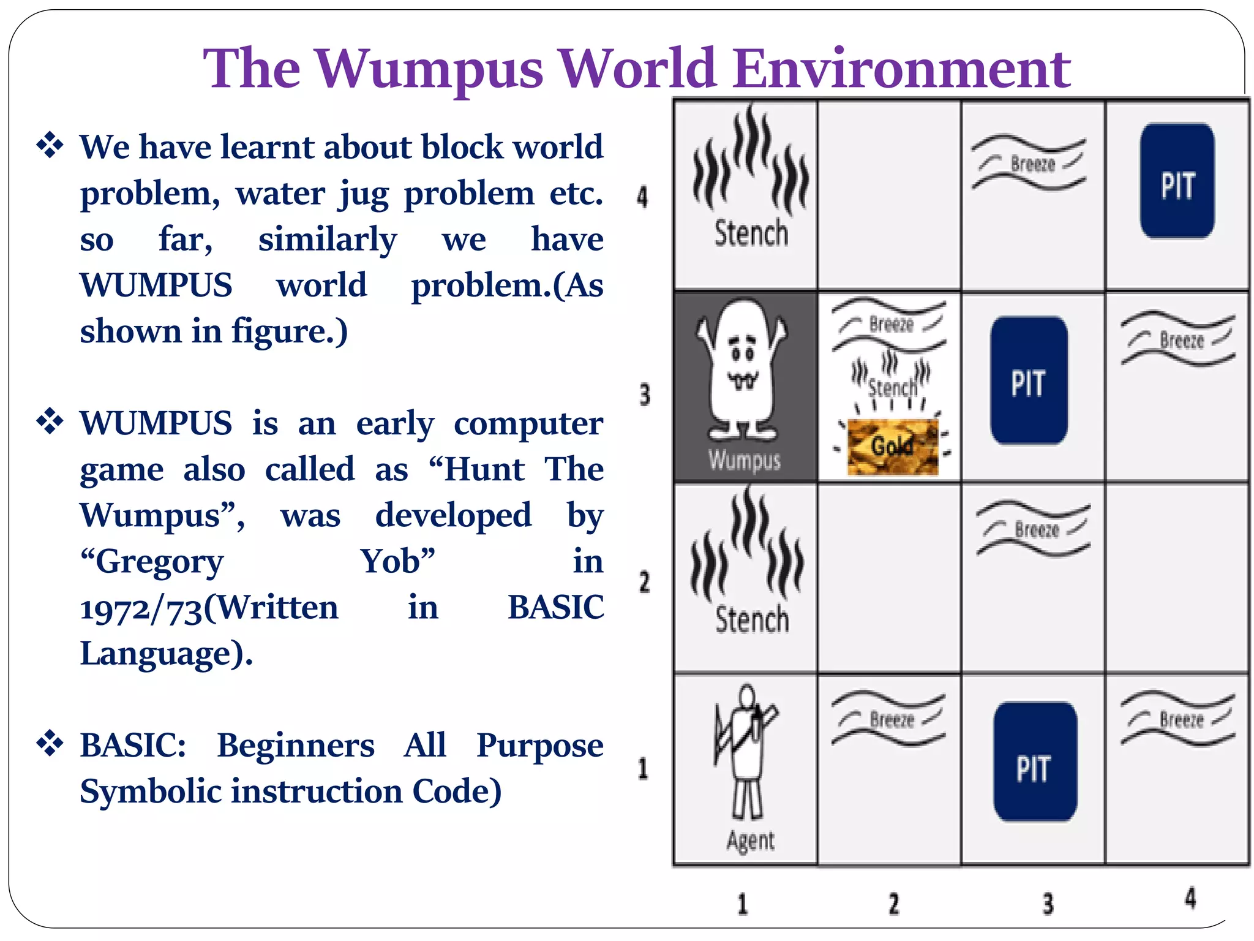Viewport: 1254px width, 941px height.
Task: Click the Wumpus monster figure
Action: pyautogui.click(x=742, y=371)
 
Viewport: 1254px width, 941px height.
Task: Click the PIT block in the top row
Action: pyautogui.click(x=1177, y=181)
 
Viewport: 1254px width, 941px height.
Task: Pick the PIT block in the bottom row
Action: pyautogui.click(x=1034, y=762)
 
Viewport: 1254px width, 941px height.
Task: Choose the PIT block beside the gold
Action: pyautogui.click(x=1029, y=380)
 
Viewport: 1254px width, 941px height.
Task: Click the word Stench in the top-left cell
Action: pyautogui.click(x=751, y=233)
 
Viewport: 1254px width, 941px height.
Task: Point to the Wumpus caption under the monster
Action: pyautogui.click(x=745, y=460)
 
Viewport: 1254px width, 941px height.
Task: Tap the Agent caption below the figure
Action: pyautogui.click(x=751, y=841)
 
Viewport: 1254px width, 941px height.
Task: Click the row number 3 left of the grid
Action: pyautogui.click(x=644, y=395)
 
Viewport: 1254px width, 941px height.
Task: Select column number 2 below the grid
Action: pyautogui.click(x=894, y=904)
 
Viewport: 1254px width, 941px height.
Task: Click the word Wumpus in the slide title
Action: pyautogui.click(x=429, y=69)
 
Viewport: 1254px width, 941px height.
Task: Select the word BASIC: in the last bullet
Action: pyautogui.click(x=133, y=746)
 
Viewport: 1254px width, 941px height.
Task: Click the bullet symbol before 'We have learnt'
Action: pyautogui.click(x=50, y=146)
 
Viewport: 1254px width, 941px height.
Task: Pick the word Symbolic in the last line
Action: pyautogui.click(x=151, y=792)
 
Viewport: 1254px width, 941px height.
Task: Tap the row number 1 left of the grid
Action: pyautogui.click(x=643, y=768)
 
